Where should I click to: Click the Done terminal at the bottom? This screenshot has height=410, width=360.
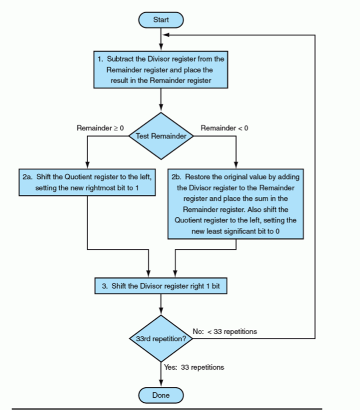click(161, 395)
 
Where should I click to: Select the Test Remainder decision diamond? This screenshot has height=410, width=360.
click(161, 136)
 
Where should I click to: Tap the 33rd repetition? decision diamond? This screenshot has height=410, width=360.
click(161, 339)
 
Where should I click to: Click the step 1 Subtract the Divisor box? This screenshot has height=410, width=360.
click(161, 70)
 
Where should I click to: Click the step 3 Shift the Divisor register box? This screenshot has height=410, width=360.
click(161, 286)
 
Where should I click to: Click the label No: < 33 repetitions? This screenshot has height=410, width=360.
click(225, 331)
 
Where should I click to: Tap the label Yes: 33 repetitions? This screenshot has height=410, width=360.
click(194, 367)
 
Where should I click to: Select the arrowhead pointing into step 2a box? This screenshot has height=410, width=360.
click(87, 167)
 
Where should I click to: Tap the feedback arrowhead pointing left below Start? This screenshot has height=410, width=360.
click(165, 36)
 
